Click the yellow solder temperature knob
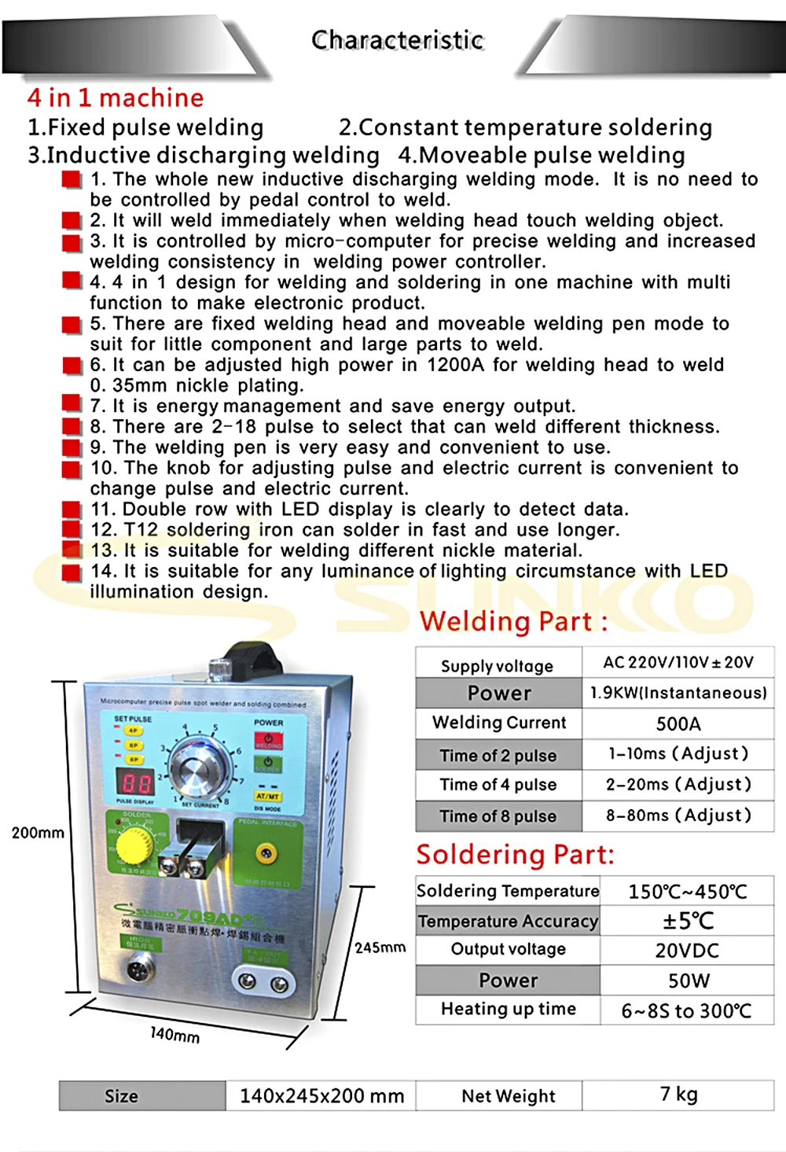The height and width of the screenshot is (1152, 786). pyautogui.click(x=134, y=846)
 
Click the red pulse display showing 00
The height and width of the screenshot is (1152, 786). pyautogui.click(x=135, y=782)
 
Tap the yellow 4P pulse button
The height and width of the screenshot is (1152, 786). pyautogui.click(x=133, y=731)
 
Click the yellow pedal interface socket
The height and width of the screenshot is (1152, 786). pyautogui.click(x=267, y=852)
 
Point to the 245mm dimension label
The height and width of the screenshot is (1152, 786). pyautogui.click(x=380, y=948)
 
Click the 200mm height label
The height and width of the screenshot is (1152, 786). pyautogui.click(x=38, y=833)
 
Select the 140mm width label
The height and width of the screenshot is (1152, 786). pyautogui.click(x=174, y=1035)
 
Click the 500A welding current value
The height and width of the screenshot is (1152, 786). pyautogui.click(x=678, y=724)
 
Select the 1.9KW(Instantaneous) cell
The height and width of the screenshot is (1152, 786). pyautogui.click(x=678, y=693)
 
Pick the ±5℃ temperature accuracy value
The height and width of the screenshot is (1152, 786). pyautogui.click(x=687, y=921)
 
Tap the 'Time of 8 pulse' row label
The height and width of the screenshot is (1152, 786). pyautogui.click(x=498, y=816)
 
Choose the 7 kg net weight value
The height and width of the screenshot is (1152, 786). pyautogui.click(x=678, y=1095)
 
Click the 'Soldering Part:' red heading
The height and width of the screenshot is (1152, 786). pyautogui.click(x=515, y=855)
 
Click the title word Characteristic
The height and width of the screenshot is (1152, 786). pyautogui.click(x=397, y=40)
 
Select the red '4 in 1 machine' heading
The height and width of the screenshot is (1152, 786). pyautogui.click(x=116, y=98)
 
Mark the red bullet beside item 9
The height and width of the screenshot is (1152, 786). pyautogui.click(x=72, y=447)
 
